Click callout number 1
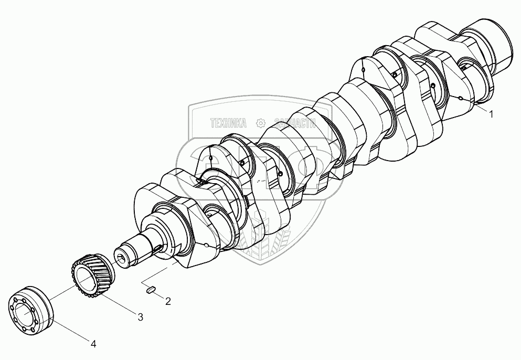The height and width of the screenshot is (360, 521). (491, 114)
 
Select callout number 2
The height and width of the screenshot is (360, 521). (168, 302)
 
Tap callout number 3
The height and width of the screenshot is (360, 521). (141, 317)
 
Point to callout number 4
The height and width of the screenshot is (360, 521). (94, 344)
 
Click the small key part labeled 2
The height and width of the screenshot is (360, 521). (151, 290)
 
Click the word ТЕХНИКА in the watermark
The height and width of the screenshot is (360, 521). (229, 123)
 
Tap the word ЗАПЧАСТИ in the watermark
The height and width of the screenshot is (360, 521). (295, 123)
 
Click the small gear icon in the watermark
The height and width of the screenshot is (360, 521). (260, 123)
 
